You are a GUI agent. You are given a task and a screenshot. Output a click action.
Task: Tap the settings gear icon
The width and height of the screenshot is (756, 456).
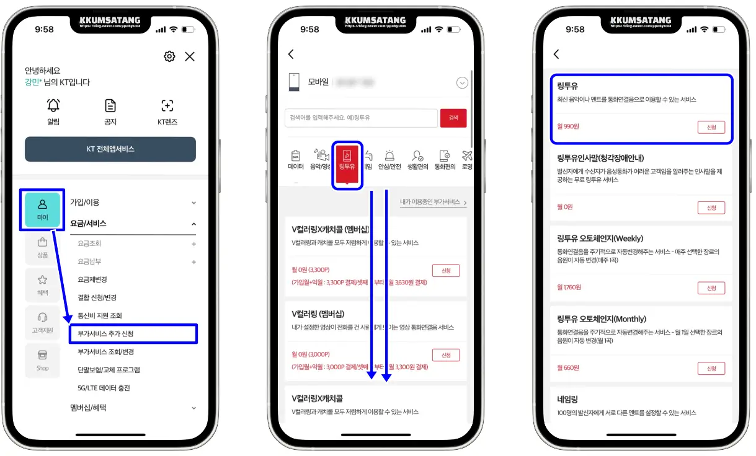coord(169,56)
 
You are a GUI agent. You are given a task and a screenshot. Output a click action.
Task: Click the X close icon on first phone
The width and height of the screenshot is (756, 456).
coord(190,56)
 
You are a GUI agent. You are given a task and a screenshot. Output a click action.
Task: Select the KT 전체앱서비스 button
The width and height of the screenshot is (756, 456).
coord(110,149)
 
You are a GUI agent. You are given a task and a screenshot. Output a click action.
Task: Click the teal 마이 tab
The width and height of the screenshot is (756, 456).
coord(43,209)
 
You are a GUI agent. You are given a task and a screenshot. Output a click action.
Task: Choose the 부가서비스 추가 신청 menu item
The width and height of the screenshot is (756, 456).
coord(133,334)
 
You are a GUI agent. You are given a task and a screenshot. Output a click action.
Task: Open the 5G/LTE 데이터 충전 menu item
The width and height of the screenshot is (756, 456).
coord(104,388)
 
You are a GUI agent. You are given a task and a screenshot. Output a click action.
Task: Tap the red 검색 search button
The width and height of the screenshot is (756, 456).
coord(453,118)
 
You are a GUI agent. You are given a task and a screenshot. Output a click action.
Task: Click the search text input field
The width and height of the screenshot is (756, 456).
coord(361,118)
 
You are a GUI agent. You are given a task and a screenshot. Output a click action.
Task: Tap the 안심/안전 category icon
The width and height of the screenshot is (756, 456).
coord(390,160)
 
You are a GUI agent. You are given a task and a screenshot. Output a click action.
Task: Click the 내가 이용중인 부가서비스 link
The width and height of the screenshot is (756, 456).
coord(433,202)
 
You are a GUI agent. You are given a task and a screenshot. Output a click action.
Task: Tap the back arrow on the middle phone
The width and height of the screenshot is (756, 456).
coord(291,55)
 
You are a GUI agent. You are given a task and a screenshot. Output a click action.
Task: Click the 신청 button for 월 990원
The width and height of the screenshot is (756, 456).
coord(711,127)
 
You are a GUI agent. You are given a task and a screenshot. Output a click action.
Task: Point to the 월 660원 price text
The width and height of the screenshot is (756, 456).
coord(568,368)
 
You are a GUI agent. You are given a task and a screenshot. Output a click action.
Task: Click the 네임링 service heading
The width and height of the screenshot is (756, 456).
coord(567,400)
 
